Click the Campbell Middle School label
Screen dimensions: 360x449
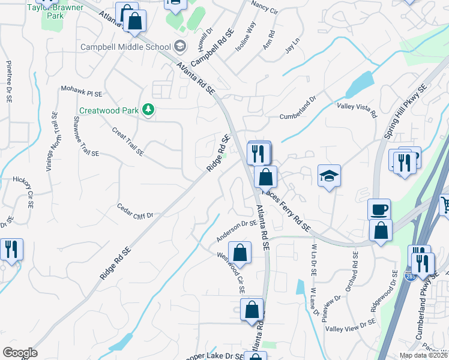click(126, 47)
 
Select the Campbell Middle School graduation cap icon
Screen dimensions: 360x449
click(179, 46)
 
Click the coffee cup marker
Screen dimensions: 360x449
click(379, 209)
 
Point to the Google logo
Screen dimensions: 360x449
click(20, 353)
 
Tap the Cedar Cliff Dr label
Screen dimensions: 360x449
click(135, 211)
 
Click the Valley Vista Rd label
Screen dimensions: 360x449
click(356, 109)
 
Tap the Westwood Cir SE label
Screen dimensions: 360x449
click(232, 272)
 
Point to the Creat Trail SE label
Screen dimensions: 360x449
click(127, 141)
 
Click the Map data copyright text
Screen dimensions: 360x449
click(424, 355)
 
